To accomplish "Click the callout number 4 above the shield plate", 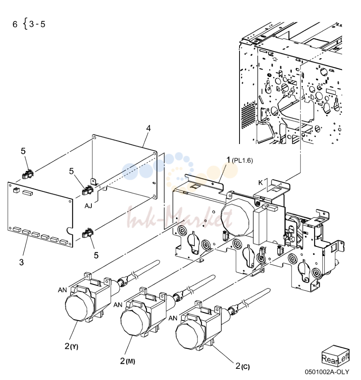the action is [148, 128].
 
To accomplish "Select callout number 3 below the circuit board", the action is [22, 262].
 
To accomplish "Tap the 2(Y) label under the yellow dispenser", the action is [71, 347].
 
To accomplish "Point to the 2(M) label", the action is [127, 361].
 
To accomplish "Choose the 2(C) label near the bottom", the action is [243, 366].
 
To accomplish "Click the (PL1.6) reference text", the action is [242, 161].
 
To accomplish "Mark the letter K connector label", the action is [260, 182].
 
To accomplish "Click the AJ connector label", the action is [88, 206].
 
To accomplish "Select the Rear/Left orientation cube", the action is [336, 356].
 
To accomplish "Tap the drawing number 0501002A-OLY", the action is [327, 372].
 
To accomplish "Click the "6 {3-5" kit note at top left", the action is [29, 24].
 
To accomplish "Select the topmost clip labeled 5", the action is [28, 174].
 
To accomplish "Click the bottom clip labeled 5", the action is [88, 233].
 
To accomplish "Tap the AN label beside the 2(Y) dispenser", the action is [62, 290].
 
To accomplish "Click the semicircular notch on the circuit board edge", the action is [70, 231].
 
